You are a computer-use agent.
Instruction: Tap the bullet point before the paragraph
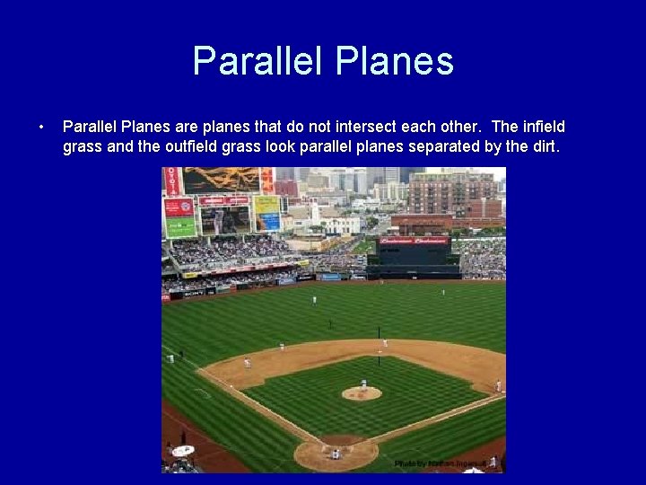tap(41, 128)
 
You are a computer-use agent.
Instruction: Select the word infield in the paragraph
tap(544, 128)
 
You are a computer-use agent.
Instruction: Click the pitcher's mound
tap(362, 392)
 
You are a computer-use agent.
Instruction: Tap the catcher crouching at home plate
tap(335, 454)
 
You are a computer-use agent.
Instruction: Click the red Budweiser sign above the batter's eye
tap(414, 241)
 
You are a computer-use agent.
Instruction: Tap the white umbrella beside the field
tap(183, 450)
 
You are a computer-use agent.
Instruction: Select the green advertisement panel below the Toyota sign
tap(179, 227)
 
